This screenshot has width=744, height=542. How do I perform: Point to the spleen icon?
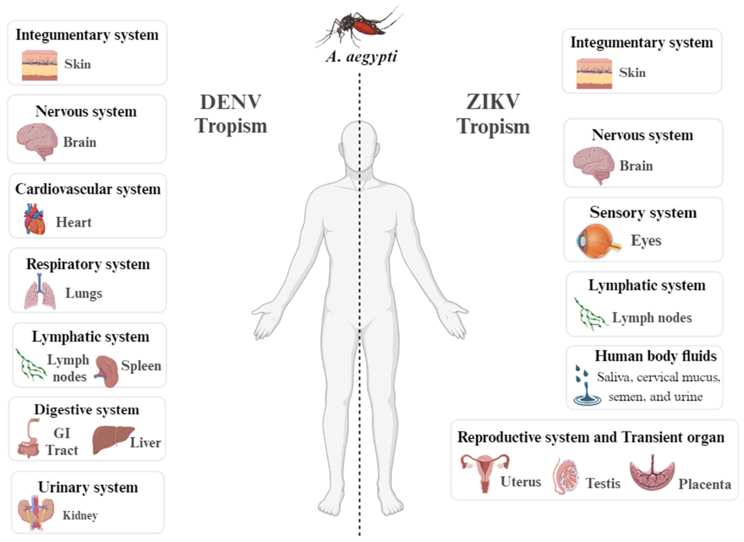[x=106, y=371]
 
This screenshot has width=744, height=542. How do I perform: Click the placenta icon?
[x=652, y=473]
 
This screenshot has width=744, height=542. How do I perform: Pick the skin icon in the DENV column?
[x=39, y=65]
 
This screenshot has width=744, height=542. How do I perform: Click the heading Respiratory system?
[x=88, y=264]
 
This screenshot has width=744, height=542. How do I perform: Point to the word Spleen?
[x=141, y=366]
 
